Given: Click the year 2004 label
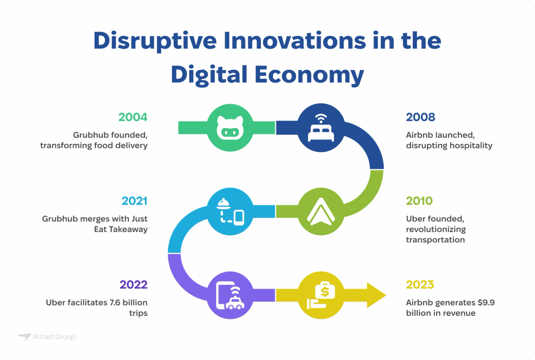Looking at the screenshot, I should pos(132,117).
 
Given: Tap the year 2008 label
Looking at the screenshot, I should pos(420,117).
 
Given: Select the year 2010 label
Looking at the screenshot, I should pos(419,201).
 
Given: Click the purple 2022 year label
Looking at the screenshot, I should pos(133,285).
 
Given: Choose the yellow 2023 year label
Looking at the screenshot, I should pos(420,285).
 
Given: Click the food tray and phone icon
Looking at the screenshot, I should pos(231,211).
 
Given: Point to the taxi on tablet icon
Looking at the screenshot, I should pos(231,295).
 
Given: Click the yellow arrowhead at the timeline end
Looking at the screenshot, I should pos(376,295).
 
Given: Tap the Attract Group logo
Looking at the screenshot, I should pos(46,337).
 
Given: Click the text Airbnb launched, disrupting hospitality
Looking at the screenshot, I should pos(449,140).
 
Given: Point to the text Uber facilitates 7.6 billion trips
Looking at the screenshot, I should pos(97,308).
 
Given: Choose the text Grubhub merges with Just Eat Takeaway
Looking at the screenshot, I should pos(95,224).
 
